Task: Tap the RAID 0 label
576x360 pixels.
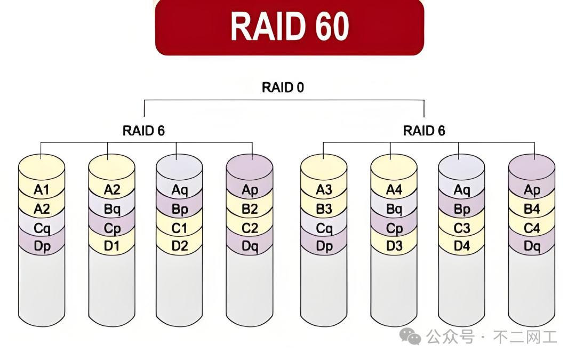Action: coord(283,87)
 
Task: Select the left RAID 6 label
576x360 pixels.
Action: coord(143,131)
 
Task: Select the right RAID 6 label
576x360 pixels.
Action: coord(424,131)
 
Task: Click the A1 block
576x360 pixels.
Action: coord(42,190)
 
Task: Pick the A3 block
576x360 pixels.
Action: coord(324,190)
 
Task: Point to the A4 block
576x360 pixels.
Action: coord(394,190)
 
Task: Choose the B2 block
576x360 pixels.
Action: coord(250,209)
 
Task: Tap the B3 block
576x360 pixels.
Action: coord(324,209)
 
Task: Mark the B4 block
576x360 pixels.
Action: coord(532,209)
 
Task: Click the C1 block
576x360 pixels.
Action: coord(180,228)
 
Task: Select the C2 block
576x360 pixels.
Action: coord(250,228)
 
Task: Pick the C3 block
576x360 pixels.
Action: coord(462,228)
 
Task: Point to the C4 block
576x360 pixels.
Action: coord(532,228)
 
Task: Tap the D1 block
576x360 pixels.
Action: coord(111,247)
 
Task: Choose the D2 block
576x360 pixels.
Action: coord(180,247)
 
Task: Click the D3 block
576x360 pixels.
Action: coord(394,247)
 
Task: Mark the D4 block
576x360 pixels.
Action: coord(462,247)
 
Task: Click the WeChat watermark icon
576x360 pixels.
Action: coord(411,336)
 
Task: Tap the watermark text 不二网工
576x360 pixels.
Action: coord(525,337)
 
